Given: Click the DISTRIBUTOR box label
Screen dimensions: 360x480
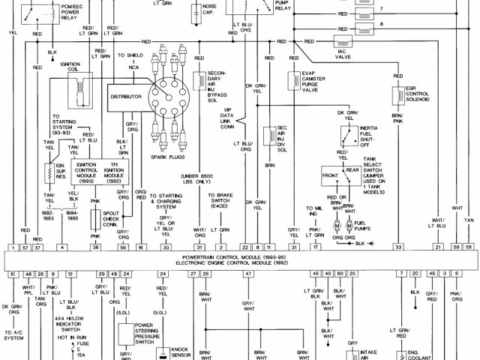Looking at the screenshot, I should [x=126, y=97].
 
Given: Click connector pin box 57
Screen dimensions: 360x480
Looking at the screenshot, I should [x=25, y=247].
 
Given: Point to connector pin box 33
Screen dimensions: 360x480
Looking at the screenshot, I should [x=399, y=247].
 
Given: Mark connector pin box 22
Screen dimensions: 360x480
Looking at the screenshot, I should [x=244, y=247].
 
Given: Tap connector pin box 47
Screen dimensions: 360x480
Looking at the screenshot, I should [x=247, y=275].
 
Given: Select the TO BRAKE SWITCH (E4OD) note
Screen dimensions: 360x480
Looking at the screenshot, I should [x=223, y=202].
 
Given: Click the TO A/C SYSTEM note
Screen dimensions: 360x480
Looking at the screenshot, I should [x=14, y=335].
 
